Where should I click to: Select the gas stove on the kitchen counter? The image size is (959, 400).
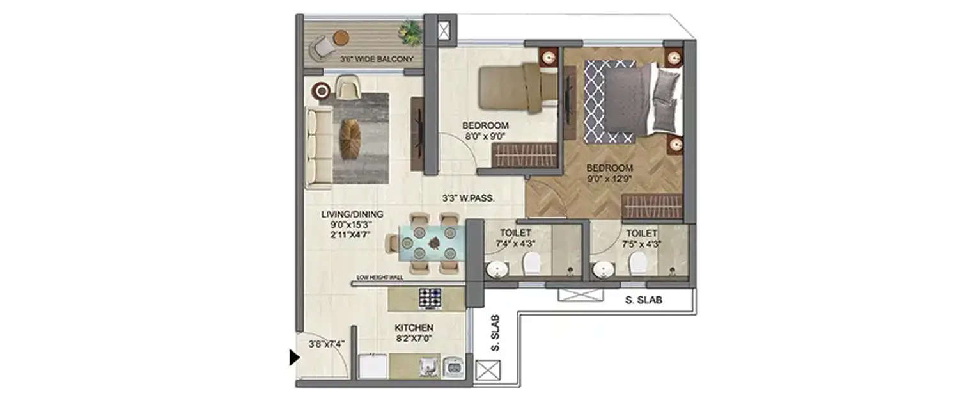tap(430, 297)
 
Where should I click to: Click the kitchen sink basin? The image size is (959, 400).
tap(453, 367)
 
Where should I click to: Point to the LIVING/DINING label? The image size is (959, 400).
tap(343, 214)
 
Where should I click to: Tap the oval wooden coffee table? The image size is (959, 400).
tap(350, 140)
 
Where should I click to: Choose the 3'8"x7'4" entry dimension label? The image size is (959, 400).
tap(326, 344)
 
